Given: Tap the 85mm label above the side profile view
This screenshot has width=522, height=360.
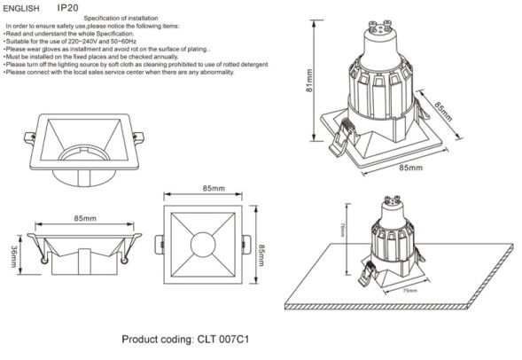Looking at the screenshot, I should point(84,218).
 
